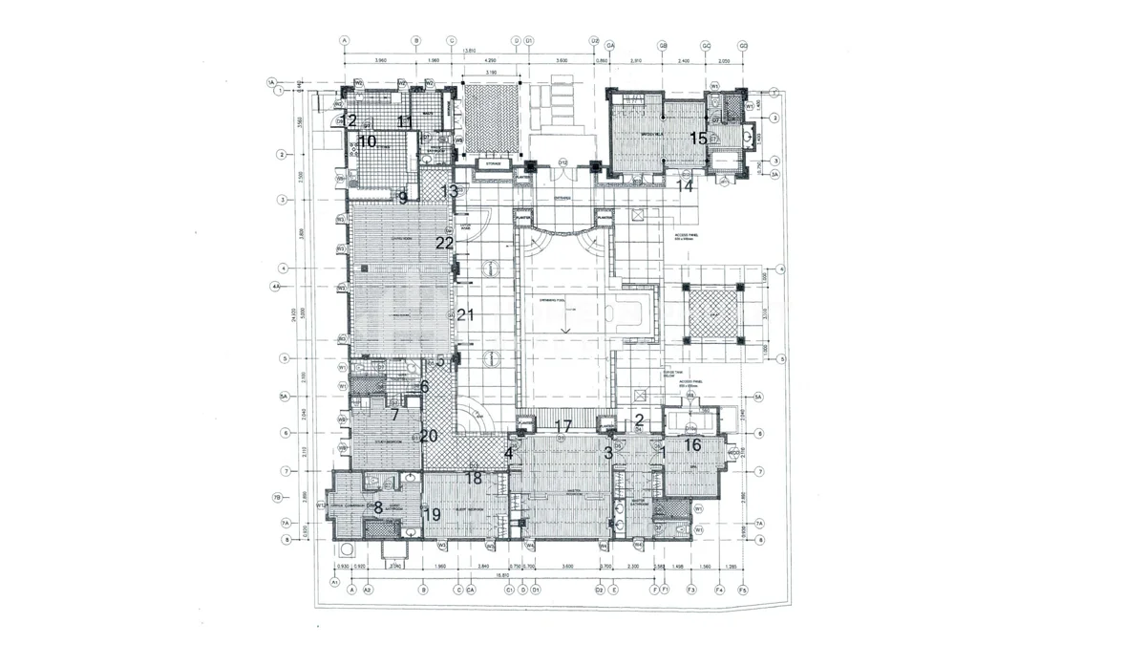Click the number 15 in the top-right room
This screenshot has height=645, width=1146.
699,139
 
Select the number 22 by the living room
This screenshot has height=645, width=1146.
444,243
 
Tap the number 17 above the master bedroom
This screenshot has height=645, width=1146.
563,426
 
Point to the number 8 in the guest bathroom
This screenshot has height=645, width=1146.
378,507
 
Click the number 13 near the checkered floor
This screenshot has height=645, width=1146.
450,191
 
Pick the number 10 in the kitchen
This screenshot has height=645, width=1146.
368,141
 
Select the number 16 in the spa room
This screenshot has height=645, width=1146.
692,444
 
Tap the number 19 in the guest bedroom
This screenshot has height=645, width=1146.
432,514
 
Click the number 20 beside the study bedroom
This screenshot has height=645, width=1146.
429,436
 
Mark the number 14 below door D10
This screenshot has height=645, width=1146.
685,186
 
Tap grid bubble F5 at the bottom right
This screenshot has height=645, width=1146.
744,591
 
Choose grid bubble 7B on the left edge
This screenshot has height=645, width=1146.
277,498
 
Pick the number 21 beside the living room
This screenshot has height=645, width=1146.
465,315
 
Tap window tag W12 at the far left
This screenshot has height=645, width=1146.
322,505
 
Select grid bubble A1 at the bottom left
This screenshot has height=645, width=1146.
335,582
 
